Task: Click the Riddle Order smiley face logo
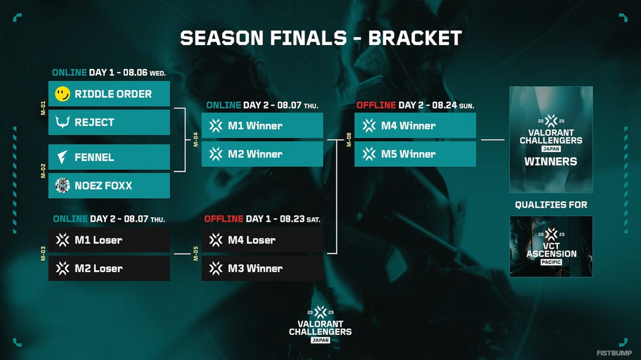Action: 62,94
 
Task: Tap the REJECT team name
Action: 95,122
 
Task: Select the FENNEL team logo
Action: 62,157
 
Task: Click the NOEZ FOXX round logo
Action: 62,185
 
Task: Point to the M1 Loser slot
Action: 109,240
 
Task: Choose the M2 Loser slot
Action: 109,269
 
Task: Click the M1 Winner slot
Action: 262,126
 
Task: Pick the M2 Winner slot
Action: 262,154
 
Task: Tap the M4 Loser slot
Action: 262,240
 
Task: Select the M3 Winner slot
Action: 262,269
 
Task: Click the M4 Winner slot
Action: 415,126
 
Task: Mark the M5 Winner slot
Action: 415,154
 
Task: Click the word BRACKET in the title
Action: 415,38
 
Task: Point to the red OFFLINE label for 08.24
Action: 376,105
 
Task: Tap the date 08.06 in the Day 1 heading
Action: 135,73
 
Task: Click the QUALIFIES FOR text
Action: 551,204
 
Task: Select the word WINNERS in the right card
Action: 551,162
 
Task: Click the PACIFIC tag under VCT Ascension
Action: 551,262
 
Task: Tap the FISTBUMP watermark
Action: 614,353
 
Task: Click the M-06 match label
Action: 349,140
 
